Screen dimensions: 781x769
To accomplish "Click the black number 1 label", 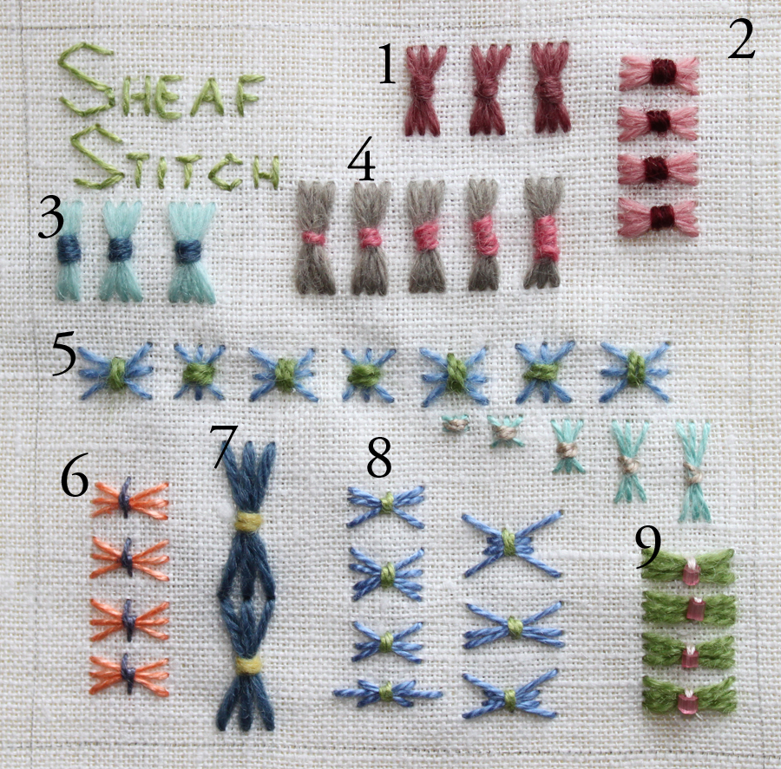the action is (x=387, y=62).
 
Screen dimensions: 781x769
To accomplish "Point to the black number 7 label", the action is (x=223, y=446).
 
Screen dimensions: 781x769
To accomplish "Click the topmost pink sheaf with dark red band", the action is (x=659, y=75).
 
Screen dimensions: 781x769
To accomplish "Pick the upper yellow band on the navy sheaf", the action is (x=248, y=522).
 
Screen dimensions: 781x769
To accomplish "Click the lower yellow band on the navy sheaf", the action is (x=248, y=664).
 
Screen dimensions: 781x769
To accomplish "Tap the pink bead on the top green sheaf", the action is (x=692, y=572).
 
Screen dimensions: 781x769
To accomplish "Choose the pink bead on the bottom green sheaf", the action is (x=687, y=701).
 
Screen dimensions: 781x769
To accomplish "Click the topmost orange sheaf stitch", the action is (x=129, y=499).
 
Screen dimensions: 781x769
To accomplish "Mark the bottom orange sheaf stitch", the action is (x=128, y=675).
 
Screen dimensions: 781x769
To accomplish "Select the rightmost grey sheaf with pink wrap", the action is (x=544, y=233).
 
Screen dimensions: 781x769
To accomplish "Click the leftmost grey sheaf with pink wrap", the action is (x=316, y=237).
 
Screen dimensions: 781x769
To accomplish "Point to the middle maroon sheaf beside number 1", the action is (x=490, y=89).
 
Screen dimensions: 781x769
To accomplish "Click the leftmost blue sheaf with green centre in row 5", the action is (x=116, y=372).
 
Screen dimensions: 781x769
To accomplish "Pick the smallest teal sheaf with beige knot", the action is (x=456, y=424).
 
